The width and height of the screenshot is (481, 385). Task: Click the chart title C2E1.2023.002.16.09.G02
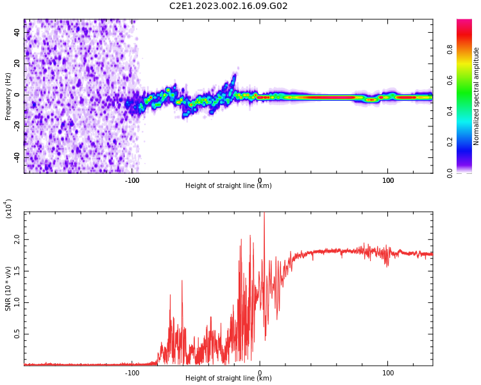click(228, 6)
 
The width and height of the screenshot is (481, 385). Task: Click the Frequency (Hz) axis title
click(8, 96)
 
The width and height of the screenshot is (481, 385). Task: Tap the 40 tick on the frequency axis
click(17, 32)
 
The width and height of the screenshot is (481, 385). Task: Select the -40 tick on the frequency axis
click(16, 157)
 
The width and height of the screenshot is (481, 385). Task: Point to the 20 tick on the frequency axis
click(17, 64)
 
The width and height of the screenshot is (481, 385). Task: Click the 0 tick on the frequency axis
click(19, 95)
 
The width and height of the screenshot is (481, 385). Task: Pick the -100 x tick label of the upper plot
click(131, 180)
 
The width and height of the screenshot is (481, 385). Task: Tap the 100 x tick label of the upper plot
click(388, 180)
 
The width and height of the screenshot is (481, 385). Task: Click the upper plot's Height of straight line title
click(228, 186)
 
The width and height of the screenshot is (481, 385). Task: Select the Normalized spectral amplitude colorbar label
click(477, 96)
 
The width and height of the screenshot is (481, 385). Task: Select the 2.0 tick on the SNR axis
click(17, 239)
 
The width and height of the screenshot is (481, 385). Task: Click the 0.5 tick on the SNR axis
click(17, 334)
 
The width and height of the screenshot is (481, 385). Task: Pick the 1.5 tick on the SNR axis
click(17, 270)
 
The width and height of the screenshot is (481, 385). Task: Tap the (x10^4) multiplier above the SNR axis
click(8, 209)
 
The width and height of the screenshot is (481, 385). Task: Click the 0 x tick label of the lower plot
click(260, 373)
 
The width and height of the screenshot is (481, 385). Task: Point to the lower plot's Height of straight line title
click(228, 379)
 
